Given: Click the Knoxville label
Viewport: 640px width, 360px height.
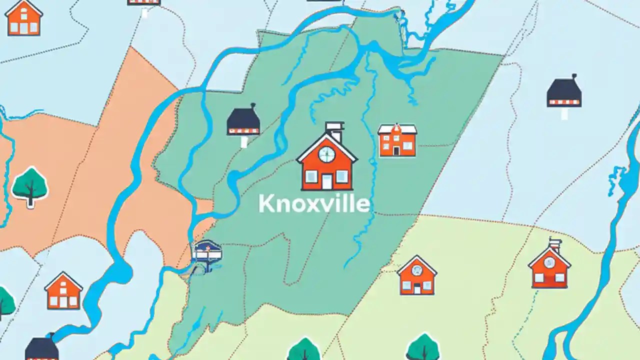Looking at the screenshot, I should (314, 204).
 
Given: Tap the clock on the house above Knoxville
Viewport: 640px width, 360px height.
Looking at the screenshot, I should (326, 154).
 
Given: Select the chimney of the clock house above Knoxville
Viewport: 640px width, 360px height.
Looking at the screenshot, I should (334, 131).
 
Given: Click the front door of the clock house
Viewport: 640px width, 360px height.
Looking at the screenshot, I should (326, 181).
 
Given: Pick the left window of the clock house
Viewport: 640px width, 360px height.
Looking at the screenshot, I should (311, 176).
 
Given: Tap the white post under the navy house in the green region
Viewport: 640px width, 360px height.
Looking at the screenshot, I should (244, 141).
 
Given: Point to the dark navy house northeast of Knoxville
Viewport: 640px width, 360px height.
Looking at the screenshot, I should (564, 93).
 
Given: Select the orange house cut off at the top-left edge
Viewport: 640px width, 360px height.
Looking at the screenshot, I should (23, 18).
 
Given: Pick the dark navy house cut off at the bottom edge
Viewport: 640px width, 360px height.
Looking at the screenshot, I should (42, 348).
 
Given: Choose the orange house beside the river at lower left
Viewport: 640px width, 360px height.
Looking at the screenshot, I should (63, 291).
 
